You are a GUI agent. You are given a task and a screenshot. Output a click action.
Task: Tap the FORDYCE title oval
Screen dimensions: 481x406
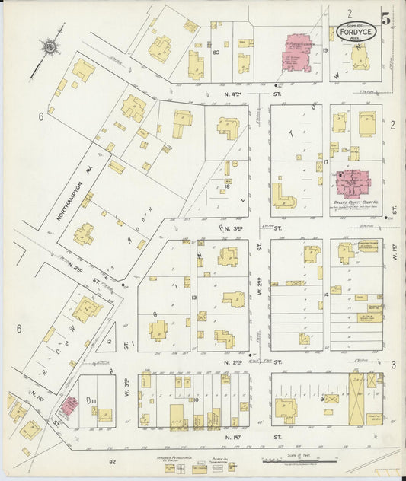point(355,33)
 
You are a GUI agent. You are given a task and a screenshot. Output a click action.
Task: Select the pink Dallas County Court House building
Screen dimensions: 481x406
point(353,183)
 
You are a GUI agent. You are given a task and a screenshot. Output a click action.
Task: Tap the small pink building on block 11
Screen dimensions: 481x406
point(69,405)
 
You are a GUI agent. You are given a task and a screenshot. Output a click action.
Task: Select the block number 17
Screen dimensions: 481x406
point(324,161)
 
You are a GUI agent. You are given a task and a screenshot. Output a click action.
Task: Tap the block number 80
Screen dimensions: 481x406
point(216,53)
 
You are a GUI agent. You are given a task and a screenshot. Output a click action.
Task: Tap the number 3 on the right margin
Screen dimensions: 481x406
point(394,365)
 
